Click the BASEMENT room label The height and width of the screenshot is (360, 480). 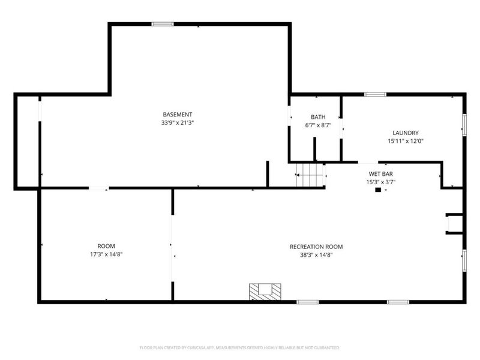click(178, 115)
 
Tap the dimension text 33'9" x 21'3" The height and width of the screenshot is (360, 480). click(178, 122)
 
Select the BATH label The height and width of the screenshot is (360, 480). click(317, 117)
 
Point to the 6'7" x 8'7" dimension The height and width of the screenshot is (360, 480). click(317, 125)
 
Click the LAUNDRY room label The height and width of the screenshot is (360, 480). click(406, 133)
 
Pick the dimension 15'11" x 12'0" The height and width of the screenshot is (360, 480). click(406, 142)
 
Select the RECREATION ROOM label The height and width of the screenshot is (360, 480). click(316, 247)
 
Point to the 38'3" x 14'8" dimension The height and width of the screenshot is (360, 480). click(316, 255)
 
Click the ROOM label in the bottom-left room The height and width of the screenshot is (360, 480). click(106, 246)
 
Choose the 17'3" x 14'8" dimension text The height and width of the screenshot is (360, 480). click(106, 254)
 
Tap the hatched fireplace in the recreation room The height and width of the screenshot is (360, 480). click(265, 292)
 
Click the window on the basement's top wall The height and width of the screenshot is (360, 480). click(162, 24)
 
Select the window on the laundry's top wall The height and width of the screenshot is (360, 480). click(375, 94)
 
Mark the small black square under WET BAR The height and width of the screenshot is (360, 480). click(377, 191)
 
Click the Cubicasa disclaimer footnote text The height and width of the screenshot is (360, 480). click(240, 347)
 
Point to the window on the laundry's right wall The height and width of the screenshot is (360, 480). click(463, 124)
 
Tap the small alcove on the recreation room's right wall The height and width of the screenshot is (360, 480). click(454, 223)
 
